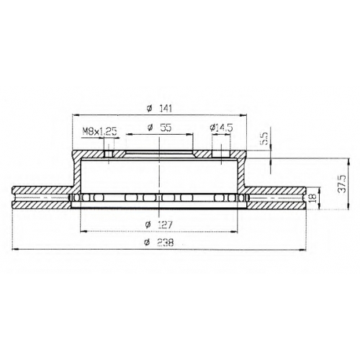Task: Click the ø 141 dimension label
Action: pos(159,109)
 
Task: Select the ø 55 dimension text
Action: pos(159,128)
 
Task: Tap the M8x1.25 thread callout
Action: pos(99,132)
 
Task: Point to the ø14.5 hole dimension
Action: pos(221,127)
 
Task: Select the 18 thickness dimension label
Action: pos(312,198)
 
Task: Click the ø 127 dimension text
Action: pos(159,225)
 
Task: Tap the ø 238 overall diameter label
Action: pos(159,243)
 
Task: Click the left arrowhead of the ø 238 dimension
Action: pos(15,250)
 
